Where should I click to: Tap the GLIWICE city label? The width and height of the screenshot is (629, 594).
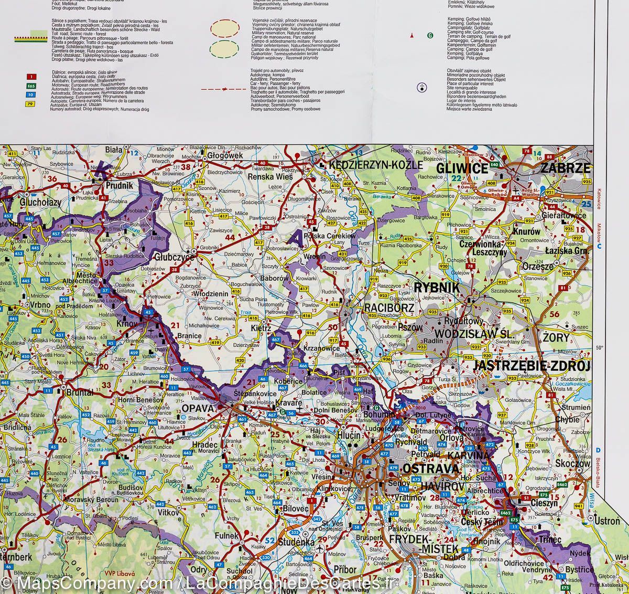462,168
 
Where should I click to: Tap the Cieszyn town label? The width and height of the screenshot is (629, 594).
545,503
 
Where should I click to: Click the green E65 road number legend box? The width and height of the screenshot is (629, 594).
31,86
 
